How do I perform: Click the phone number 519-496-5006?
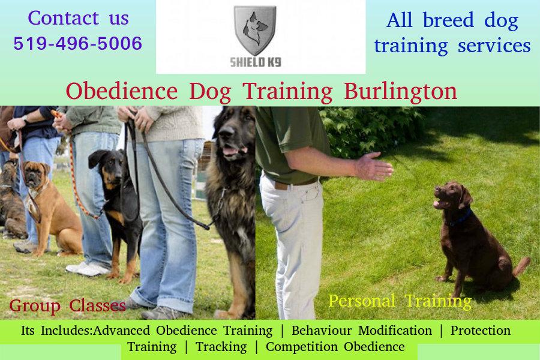pyautogui.click(x=78, y=43)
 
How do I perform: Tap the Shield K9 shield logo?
pyautogui.click(x=255, y=31)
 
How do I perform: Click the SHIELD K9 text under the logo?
pyautogui.click(x=255, y=62)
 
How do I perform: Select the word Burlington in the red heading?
pyautogui.click(x=401, y=92)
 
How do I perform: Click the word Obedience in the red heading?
pyautogui.click(x=122, y=91)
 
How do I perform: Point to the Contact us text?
pyautogui.click(x=79, y=18)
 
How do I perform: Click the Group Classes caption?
pyautogui.click(x=67, y=306)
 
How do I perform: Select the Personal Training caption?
pyautogui.click(x=400, y=301)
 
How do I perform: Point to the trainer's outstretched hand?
pyautogui.click(x=374, y=166)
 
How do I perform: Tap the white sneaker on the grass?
pyautogui.click(x=87, y=269)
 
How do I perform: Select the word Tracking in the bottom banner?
pyautogui.click(x=221, y=347)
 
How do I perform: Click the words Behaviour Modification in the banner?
pyautogui.click(x=362, y=331)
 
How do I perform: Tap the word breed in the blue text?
pyautogui.click(x=448, y=20)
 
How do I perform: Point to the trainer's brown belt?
pyautogui.click(x=292, y=184)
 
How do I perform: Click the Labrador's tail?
pyautogui.click(x=521, y=266)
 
